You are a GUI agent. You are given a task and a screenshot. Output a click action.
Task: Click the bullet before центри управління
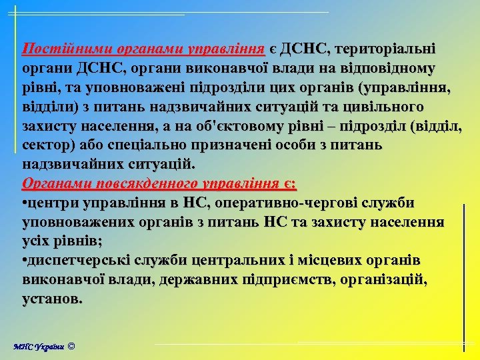coord(25,203)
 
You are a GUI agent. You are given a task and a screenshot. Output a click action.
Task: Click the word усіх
coord(41,241)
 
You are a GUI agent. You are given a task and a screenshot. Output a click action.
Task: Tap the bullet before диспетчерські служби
coord(25,260)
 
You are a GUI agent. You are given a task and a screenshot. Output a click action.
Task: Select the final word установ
coord(53,299)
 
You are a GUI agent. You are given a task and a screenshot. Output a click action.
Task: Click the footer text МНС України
coord(39,347)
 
